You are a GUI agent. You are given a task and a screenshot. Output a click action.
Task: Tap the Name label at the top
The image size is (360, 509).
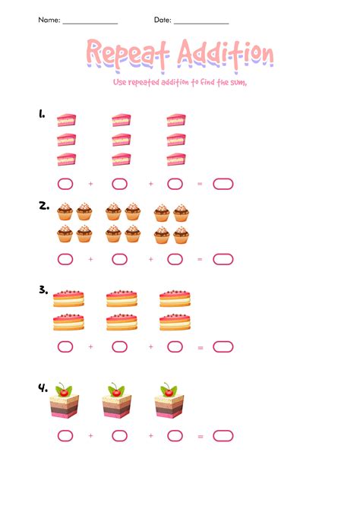(49, 20)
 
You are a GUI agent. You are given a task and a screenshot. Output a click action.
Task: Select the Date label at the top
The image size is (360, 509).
(163, 20)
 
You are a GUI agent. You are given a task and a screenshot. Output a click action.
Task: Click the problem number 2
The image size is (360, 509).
(43, 204)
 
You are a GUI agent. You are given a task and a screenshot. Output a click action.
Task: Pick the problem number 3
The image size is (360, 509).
(43, 289)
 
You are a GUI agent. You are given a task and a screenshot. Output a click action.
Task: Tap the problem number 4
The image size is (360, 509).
(43, 387)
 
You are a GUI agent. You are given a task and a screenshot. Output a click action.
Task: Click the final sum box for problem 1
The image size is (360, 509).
(223, 183)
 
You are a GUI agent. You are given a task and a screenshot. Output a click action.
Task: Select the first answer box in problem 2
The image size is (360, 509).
(65, 259)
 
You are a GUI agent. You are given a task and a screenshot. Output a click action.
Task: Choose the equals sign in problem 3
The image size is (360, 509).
(201, 347)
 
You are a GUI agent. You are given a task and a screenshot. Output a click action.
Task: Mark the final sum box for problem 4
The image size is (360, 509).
(223, 435)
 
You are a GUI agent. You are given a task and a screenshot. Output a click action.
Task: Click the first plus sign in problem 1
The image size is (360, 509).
(90, 183)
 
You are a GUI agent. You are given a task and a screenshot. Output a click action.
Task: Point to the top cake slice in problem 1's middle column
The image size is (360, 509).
(122, 119)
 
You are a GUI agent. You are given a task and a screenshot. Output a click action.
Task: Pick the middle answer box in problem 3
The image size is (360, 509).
(119, 347)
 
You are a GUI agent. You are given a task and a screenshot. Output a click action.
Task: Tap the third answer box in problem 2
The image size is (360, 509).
(175, 259)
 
